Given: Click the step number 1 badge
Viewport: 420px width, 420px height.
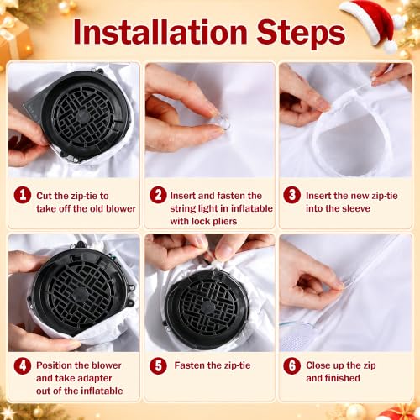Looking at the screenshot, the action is (23, 195).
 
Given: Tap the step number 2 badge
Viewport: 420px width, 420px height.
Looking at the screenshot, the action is (158, 195).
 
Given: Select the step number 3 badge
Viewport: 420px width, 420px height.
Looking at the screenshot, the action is (291, 195).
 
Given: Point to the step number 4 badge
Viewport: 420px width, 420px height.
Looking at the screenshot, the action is (23, 365).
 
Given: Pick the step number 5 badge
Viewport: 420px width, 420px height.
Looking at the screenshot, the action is (158, 365).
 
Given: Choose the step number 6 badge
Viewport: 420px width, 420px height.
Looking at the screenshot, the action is (291, 365).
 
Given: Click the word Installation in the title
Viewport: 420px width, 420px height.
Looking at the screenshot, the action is (160, 33).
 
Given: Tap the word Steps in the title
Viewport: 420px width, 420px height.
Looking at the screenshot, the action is (301, 34).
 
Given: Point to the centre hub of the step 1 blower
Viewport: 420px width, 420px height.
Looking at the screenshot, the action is (83, 116).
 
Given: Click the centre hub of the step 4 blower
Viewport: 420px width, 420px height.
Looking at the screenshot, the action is (80, 294).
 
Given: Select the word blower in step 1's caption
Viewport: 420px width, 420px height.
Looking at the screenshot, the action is (121, 208).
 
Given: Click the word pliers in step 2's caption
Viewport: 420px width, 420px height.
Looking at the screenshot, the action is (224, 222).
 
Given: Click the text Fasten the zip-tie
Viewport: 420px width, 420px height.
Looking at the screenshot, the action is (213, 365).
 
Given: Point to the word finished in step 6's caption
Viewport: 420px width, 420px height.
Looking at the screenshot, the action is (343, 378).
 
